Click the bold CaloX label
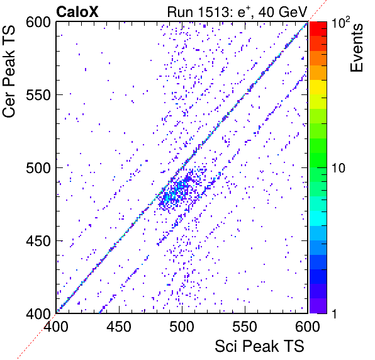[x=77, y=12]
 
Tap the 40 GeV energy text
[x=283, y=12]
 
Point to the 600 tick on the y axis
[x=38, y=23]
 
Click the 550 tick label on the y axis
[x=38, y=95]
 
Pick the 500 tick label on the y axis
[x=38, y=168]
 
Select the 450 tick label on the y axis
[x=38, y=241]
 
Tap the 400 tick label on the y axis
[x=38, y=313]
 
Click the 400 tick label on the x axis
[x=56, y=327]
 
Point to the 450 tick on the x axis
[x=119, y=327]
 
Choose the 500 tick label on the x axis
[x=182, y=327]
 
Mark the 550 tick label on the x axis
[x=245, y=327]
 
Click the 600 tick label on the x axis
[x=308, y=327]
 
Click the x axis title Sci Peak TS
[x=260, y=346]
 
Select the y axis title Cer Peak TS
[x=9, y=71]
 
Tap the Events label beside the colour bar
[x=357, y=48]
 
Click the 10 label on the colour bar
[x=339, y=168]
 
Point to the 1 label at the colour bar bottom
[x=334, y=313]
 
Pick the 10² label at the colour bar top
[x=340, y=23]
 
